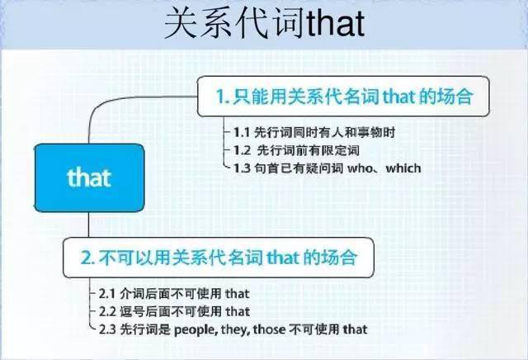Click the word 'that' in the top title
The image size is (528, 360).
click(x=336, y=23)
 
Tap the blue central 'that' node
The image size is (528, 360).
click(x=90, y=178)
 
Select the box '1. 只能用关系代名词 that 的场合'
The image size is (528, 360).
click(x=343, y=97)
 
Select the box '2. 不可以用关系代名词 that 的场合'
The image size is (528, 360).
click(x=218, y=258)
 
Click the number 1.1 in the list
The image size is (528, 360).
click(x=242, y=132)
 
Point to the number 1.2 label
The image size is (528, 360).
click(x=242, y=150)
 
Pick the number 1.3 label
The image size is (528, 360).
click(x=242, y=168)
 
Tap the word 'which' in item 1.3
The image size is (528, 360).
click(x=403, y=168)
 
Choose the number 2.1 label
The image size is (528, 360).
click(x=107, y=294)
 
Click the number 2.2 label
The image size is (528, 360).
click(x=107, y=311)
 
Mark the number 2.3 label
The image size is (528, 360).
click(x=107, y=329)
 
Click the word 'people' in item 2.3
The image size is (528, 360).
click(x=196, y=330)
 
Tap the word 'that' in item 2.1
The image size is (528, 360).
click(x=238, y=294)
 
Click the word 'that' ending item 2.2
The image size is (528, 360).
click(x=238, y=311)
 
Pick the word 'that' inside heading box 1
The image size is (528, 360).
click(x=398, y=97)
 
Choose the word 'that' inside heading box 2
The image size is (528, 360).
click(x=282, y=258)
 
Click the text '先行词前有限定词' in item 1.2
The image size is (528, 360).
click(x=308, y=150)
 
